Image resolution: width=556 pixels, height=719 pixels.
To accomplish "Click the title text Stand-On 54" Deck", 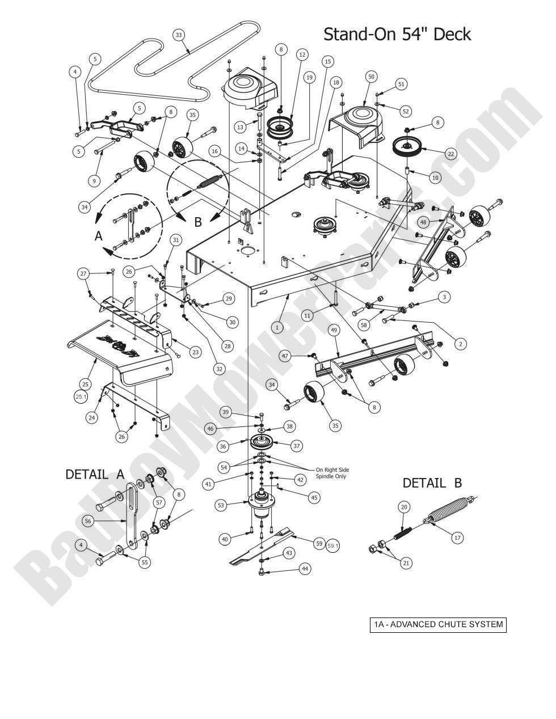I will tap(397, 34).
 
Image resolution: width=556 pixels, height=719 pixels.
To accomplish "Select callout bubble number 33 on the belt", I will tap(179, 35).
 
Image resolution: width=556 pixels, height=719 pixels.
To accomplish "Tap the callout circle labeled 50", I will tap(372, 76).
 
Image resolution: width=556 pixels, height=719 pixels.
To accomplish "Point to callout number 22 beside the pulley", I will tap(450, 153).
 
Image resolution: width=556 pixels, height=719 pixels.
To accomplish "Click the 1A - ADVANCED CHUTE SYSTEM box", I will tap(437, 624).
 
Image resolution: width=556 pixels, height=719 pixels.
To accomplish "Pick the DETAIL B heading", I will tap(432, 483).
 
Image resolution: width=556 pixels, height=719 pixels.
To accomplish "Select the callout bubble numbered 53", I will tap(221, 504).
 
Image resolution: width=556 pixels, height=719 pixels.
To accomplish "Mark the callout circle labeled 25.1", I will tap(80, 397).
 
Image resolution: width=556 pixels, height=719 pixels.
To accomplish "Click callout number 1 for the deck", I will tap(277, 327).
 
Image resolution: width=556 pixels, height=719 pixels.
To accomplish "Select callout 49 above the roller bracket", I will tap(334, 330).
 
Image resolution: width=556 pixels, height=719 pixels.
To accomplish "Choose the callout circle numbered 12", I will tap(302, 54).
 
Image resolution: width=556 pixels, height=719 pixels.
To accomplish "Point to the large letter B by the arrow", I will tap(198, 222).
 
